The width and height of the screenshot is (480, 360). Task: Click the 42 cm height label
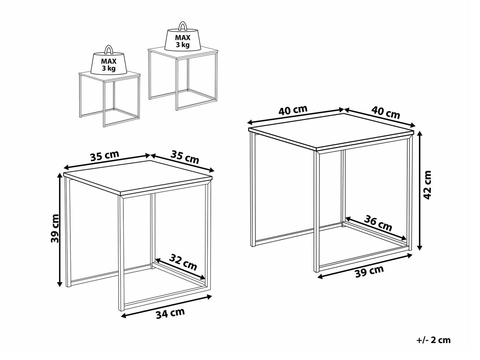[x=427, y=185]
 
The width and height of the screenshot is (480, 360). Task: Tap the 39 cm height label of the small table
[x=55, y=228]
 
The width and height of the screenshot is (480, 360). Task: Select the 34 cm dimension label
[x=170, y=313]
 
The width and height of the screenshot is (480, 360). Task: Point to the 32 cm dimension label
[x=183, y=262]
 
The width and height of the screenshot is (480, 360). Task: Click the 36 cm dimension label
[x=378, y=223]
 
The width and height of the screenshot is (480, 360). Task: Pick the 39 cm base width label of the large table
[x=369, y=271]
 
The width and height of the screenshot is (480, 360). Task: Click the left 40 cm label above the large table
[x=293, y=110]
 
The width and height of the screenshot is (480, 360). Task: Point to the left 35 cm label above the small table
[x=105, y=155]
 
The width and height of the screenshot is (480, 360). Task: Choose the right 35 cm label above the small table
[x=185, y=157]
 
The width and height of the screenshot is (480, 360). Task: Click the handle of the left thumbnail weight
[x=109, y=49]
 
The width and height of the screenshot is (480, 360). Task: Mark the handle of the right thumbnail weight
[x=182, y=26]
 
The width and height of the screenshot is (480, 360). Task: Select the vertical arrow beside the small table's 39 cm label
[x=59, y=230]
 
